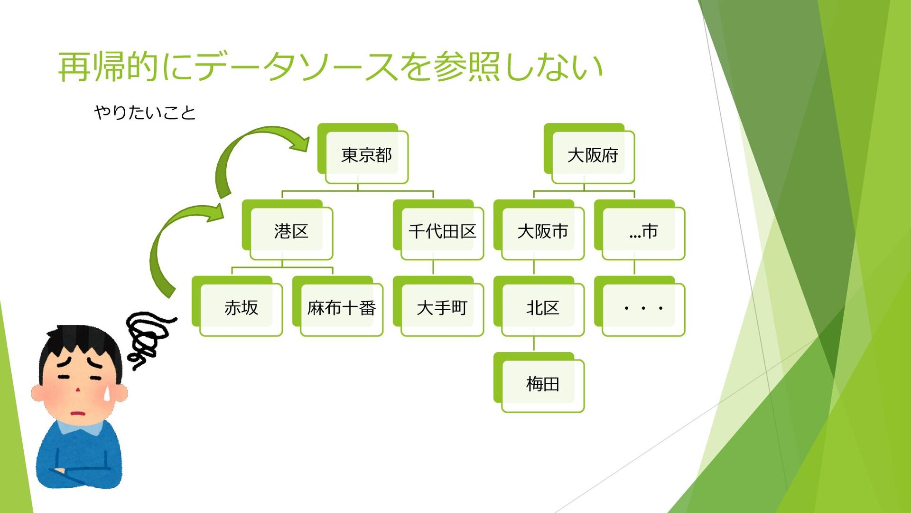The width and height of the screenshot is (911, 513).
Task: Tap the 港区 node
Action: [291, 232]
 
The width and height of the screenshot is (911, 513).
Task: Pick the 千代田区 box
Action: [442, 232]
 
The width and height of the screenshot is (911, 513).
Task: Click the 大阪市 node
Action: [542, 232]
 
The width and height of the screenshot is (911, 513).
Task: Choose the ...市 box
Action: [643, 232]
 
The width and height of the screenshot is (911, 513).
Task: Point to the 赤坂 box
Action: [241, 308]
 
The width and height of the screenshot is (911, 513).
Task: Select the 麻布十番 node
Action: [341, 308]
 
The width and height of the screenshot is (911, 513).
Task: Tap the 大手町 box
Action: [442, 308]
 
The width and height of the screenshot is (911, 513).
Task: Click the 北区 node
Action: [542, 308]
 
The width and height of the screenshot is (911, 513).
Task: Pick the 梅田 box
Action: [542, 384]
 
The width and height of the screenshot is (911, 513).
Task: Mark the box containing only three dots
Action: [643, 308]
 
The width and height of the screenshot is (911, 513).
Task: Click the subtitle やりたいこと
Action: [145, 113]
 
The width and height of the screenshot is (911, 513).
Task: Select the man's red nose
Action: [78, 390]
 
